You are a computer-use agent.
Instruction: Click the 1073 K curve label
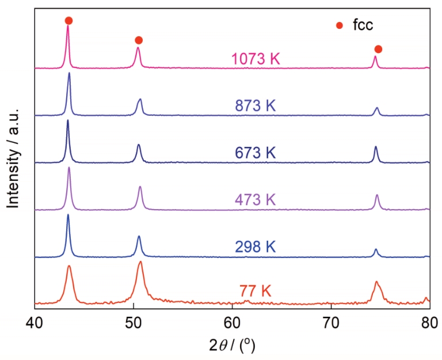(255, 59)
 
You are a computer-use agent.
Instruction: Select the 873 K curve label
(255, 106)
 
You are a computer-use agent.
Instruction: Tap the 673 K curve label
(255, 153)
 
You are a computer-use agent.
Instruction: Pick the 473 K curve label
(255, 200)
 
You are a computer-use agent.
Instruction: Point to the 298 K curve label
(255, 247)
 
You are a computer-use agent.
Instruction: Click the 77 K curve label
(255, 290)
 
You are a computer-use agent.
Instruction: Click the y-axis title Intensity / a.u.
(12, 157)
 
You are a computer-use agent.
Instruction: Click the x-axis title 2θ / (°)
(232, 345)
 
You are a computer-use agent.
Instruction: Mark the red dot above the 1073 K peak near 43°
(68, 21)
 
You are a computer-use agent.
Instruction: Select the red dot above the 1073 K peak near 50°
(138, 40)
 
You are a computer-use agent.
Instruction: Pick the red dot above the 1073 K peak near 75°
(378, 49)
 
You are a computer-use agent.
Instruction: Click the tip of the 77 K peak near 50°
(140, 262)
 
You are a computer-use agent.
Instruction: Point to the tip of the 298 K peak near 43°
(68, 215)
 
